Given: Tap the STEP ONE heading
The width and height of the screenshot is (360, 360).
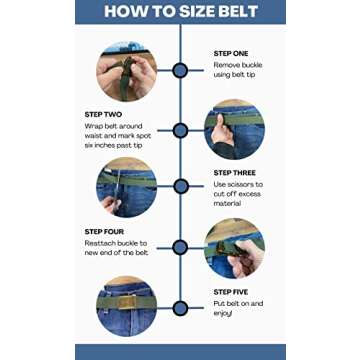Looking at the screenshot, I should pos(231,53).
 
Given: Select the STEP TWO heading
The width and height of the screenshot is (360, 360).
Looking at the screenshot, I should pos(102,115).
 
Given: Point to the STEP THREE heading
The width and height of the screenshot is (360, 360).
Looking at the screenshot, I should pos(235,171).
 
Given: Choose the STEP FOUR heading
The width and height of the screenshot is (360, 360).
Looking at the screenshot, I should pos(104,232).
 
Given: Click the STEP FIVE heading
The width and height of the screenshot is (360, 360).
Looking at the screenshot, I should pos(231,291).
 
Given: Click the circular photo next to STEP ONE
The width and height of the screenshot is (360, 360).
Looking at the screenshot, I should pos(126,71).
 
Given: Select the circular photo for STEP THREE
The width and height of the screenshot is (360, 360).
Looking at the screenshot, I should pos(126,186).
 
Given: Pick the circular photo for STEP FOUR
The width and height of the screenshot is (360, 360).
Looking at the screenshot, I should pos(234,247).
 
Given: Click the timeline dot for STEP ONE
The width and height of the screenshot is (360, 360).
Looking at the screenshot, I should pos(180,70).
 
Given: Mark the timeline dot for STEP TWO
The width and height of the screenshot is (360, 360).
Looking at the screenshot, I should pos(180,130).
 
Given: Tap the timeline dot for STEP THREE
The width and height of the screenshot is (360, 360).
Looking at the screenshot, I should pos(180,187).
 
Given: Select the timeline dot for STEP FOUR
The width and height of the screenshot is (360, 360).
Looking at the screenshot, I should pos(180,248).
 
